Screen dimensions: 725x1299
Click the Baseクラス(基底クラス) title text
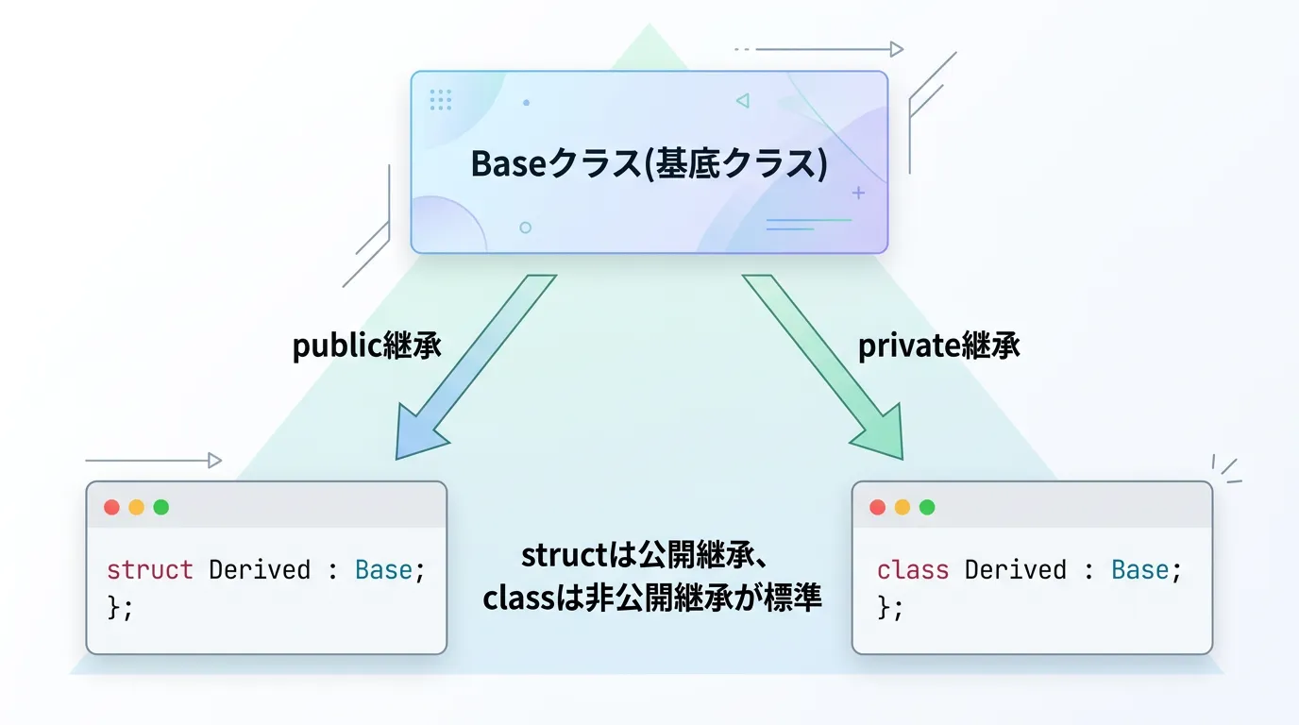click(649, 163)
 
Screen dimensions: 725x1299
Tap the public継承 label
click(366, 346)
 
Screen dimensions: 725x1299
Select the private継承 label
click(938, 346)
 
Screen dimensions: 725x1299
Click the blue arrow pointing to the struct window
click(471, 369)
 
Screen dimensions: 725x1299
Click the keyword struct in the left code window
click(149, 570)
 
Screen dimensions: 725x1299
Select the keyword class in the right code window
click(912, 570)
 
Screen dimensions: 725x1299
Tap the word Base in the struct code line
click(383, 570)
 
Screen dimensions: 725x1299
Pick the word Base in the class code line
click(1139, 570)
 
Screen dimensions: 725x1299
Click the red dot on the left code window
click(111, 507)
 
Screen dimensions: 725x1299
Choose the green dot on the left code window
click(161, 507)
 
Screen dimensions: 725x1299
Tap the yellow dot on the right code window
click(903, 507)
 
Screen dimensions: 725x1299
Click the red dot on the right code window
click(877, 507)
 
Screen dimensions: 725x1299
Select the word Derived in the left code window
click(260, 570)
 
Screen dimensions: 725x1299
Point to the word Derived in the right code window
click(1015, 570)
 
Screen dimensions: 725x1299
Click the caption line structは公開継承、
click(649, 555)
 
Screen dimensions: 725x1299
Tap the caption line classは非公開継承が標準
click(651, 599)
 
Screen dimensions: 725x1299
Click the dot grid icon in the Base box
click(440, 100)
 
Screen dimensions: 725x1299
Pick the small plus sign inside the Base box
click(858, 193)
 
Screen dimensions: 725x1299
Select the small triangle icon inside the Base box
click(742, 100)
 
